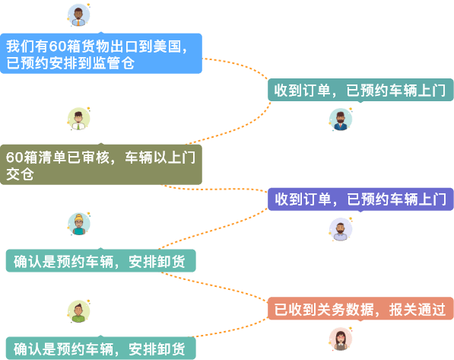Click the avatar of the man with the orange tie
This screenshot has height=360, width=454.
[x=79, y=15]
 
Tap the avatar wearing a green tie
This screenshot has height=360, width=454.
[x=79, y=119]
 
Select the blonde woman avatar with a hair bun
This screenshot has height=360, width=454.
[x=79, y=224]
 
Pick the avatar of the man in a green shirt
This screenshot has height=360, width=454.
[x=79, y=311]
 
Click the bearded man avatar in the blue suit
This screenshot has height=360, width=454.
[x=341, y=119]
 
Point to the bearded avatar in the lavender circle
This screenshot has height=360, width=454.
[x=341, y=229]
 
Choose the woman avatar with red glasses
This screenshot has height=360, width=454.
[x=341, y=339]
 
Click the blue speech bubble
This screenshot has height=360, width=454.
[x=101, y=53]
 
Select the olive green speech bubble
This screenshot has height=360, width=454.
[x=101, y=164]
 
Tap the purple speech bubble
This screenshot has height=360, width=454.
[x=360, y=199]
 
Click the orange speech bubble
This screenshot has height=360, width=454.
[x=360, y=308]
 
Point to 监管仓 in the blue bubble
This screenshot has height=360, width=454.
[x=113, y=63]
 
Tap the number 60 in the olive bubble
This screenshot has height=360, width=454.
[x=14, y=158]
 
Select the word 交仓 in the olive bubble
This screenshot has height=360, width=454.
[x=20, y=174]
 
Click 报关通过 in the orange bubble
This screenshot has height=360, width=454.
[x=417, y=309]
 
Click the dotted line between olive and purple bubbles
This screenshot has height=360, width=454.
[x=214, y=189]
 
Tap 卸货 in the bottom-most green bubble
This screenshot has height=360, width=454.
[x=171, y=349]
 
